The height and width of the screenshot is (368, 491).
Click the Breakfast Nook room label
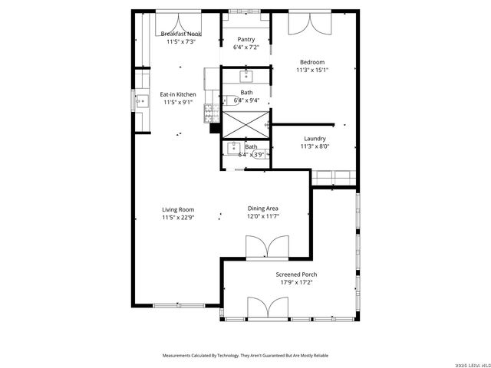coord(181,34)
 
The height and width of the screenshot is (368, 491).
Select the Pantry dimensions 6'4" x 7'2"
coord(246,47)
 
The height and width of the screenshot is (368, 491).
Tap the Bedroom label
coord(312,62)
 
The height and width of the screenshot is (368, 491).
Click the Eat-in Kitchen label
coord(178,94)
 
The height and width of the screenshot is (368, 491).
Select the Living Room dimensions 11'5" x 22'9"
coord(178,218)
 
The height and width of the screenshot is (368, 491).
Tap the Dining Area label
coord(263,209)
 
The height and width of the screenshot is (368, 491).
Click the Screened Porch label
coord(296,274)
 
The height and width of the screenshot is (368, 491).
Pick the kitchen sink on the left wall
coord(141,100)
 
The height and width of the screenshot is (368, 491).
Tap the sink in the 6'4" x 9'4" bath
coord(247,75)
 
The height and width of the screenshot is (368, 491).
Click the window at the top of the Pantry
coord(246,11)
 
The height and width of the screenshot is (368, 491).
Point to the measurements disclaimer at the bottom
coord(245,356)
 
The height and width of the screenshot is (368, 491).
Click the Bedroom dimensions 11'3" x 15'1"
coord(312,70)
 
